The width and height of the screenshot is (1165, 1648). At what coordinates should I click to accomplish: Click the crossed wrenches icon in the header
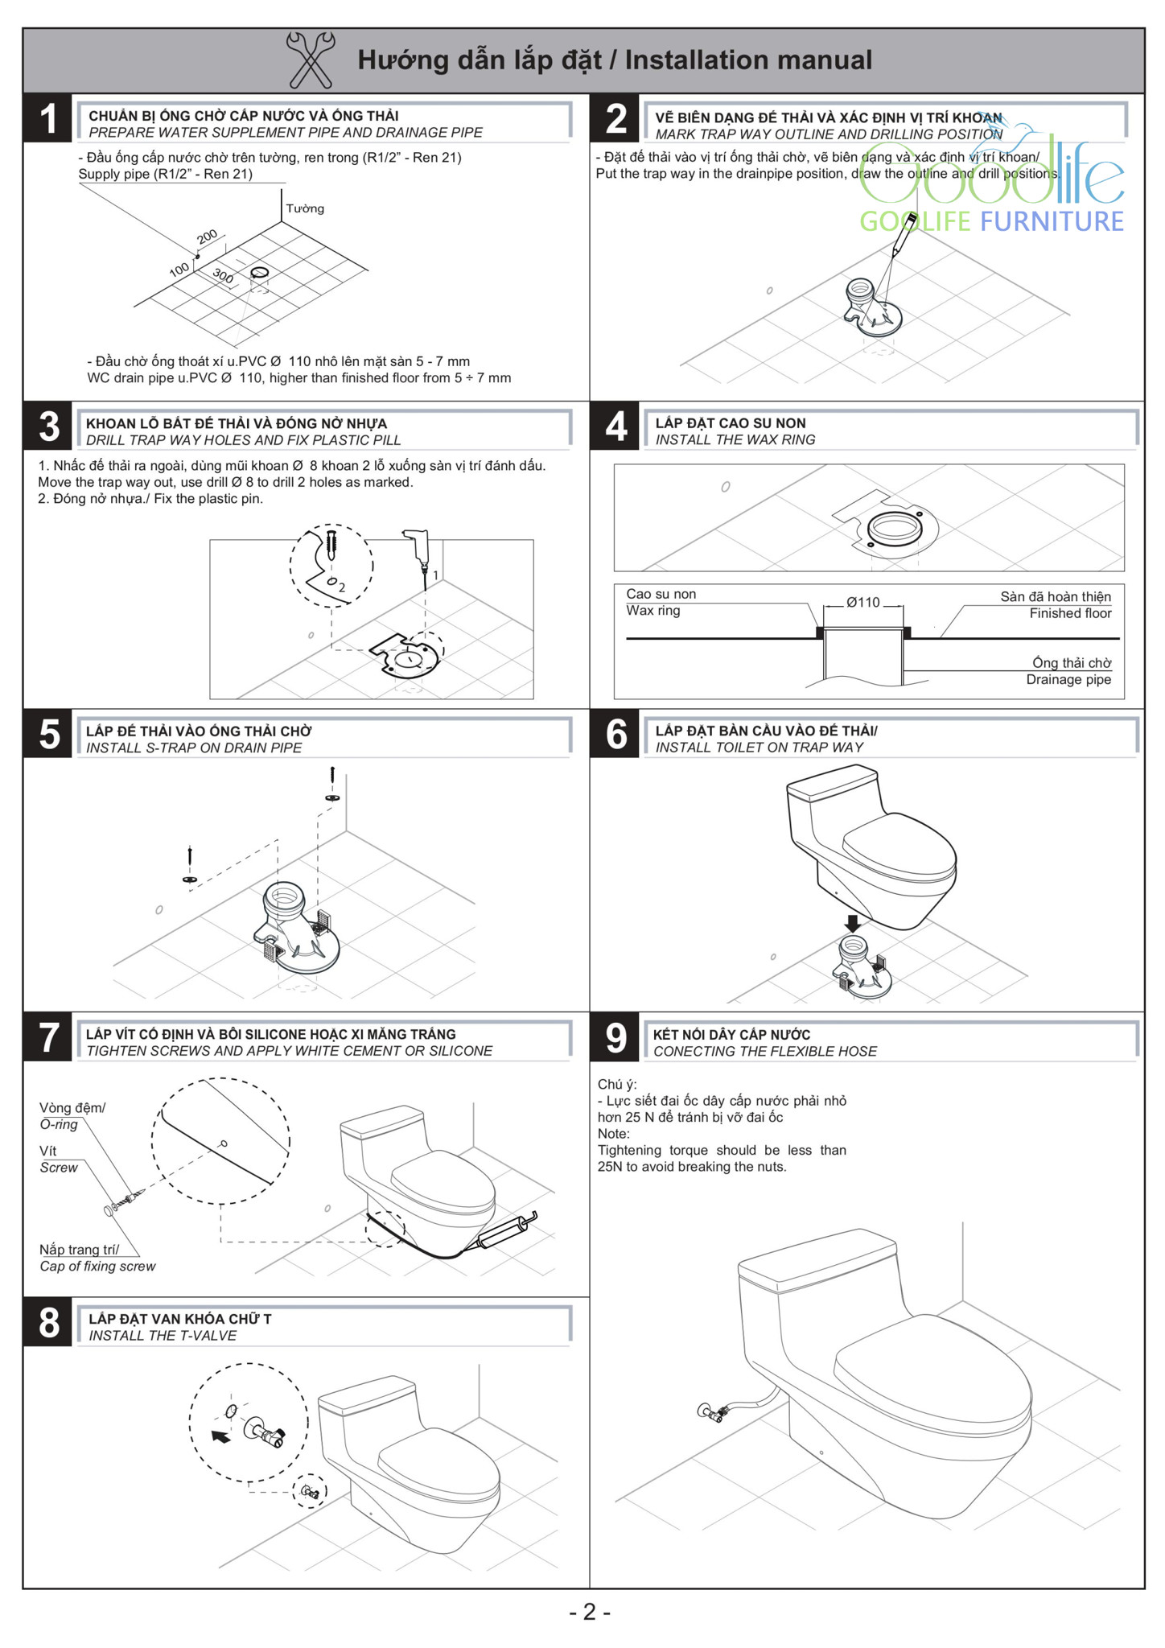pos(311,60)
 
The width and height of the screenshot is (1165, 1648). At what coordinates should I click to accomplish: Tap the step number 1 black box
pos(48,118)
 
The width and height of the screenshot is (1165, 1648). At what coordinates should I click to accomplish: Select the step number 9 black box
pos(615,1037)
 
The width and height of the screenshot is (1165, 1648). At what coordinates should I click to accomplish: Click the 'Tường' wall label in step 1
pos(305,208)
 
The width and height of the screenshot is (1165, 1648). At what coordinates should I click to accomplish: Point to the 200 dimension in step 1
pos(207,237)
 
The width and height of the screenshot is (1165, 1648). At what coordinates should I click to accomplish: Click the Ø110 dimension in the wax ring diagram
pos(863,602)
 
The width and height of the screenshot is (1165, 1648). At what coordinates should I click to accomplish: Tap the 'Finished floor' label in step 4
pos(1070,613)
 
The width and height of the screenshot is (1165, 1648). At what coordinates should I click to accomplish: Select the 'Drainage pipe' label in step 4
pos(1068,679)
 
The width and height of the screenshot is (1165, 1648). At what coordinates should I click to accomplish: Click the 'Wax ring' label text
pos(653,611)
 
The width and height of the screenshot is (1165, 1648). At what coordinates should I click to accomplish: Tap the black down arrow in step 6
pos(852,922)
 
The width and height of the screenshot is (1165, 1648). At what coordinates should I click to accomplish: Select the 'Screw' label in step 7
pos(59,1168)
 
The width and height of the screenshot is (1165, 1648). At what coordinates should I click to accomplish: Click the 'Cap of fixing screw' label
pos(97,1266)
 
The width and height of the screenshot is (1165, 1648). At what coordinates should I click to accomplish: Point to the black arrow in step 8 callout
pos(220,1436)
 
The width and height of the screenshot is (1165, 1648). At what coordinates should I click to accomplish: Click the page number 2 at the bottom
pos(590,1612)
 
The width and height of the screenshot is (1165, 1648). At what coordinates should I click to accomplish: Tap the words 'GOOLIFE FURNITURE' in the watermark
pos(991,221)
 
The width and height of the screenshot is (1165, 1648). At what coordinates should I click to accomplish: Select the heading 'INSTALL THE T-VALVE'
pos(163,1336)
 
